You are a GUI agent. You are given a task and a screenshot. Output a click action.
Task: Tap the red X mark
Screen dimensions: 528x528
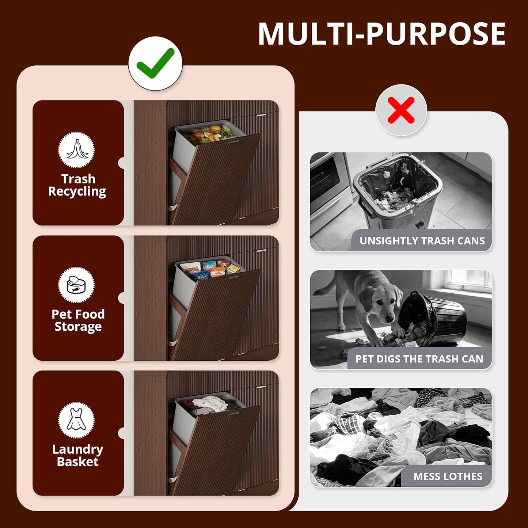pos(401,110)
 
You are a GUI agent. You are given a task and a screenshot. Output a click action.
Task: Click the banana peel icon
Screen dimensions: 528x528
pos(76,149)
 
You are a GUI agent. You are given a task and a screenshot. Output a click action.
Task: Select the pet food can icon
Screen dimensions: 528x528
pos(76,285)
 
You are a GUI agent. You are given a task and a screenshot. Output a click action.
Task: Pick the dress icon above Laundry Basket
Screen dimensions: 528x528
pos(76,420)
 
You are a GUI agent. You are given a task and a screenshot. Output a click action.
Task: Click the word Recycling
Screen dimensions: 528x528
pos(77,192)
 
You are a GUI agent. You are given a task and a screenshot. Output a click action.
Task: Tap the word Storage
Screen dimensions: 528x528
pos(78,327)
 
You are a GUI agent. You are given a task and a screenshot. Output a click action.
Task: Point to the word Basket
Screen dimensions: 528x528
pos(77,462)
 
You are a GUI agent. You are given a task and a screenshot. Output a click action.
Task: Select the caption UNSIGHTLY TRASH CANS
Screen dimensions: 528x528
pos(422,241)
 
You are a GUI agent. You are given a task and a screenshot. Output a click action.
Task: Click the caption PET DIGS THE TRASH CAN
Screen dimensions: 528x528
pos(419,359)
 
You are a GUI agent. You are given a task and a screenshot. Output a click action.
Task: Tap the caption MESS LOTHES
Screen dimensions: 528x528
pos(448,476)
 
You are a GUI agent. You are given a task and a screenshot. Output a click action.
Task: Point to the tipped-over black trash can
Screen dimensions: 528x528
pos(432,318)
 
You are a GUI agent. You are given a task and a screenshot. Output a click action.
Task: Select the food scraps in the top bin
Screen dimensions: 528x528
pos(209,134)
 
